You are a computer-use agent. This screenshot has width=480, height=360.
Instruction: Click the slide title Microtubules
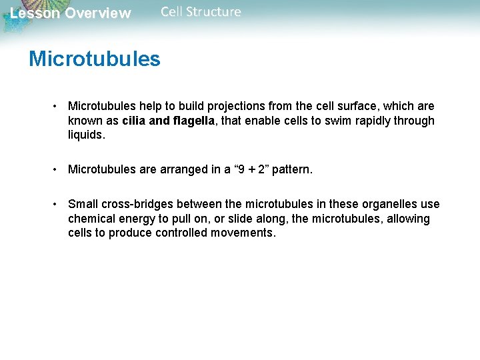coord(95,59)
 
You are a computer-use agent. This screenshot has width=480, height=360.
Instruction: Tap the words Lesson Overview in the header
coord(71,13)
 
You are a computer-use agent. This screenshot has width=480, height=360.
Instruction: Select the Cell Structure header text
coord(201,12)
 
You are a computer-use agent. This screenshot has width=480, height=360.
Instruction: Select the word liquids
coord(87,135)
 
